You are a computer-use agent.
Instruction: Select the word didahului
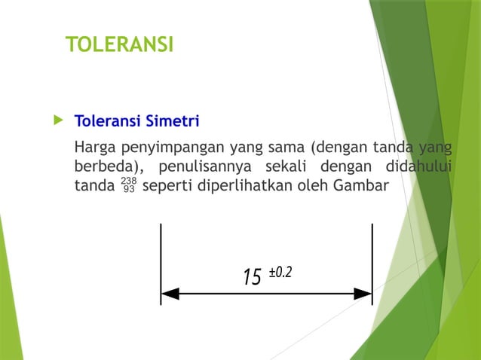418,165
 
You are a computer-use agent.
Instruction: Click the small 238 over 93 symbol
128,185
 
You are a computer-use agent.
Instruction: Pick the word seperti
167,185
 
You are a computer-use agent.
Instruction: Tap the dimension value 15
252,277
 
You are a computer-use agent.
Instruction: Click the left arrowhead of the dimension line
170,293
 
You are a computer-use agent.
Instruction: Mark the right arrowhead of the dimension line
363,293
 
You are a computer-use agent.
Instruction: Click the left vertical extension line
161,256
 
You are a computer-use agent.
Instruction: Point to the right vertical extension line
372,256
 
